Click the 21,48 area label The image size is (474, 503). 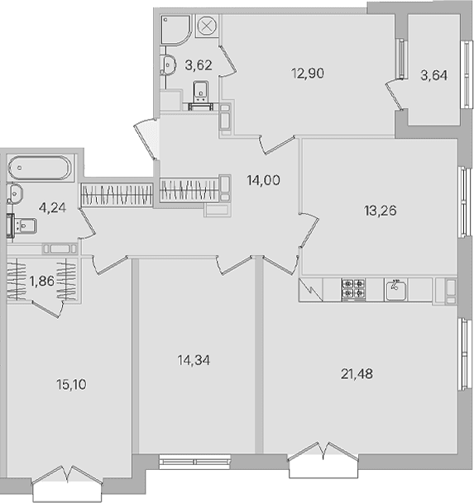point(357,374)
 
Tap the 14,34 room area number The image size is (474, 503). point(194,360)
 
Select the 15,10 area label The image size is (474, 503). point(71,384)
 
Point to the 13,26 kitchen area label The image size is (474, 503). point(381,211)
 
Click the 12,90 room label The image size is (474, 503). point(308,74)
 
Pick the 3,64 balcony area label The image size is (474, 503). point(433,75)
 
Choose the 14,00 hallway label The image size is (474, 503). point(264,180)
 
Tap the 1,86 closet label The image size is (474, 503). point(42,281)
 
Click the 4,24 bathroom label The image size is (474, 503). point(52,208)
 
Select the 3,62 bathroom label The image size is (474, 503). point(199,65)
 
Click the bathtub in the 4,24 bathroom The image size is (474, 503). point(40,168)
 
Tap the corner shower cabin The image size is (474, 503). point(175,30)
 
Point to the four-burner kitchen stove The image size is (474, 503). point(353,290)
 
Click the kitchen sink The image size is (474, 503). point(396,290)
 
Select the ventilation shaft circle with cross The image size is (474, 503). point(208,26)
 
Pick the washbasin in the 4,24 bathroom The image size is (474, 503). point(15,193)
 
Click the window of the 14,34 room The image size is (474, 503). point(195,462)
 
